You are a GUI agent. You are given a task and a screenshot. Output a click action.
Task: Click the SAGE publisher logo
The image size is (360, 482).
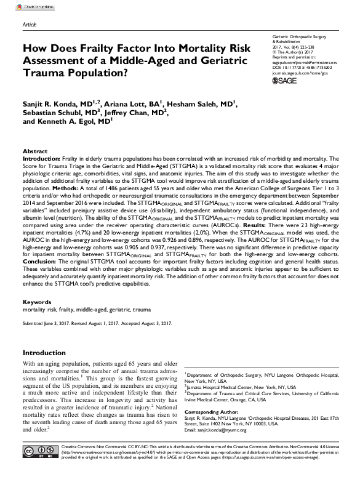click(286, 81)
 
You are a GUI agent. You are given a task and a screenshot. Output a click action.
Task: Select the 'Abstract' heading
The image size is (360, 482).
click(35, 151)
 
